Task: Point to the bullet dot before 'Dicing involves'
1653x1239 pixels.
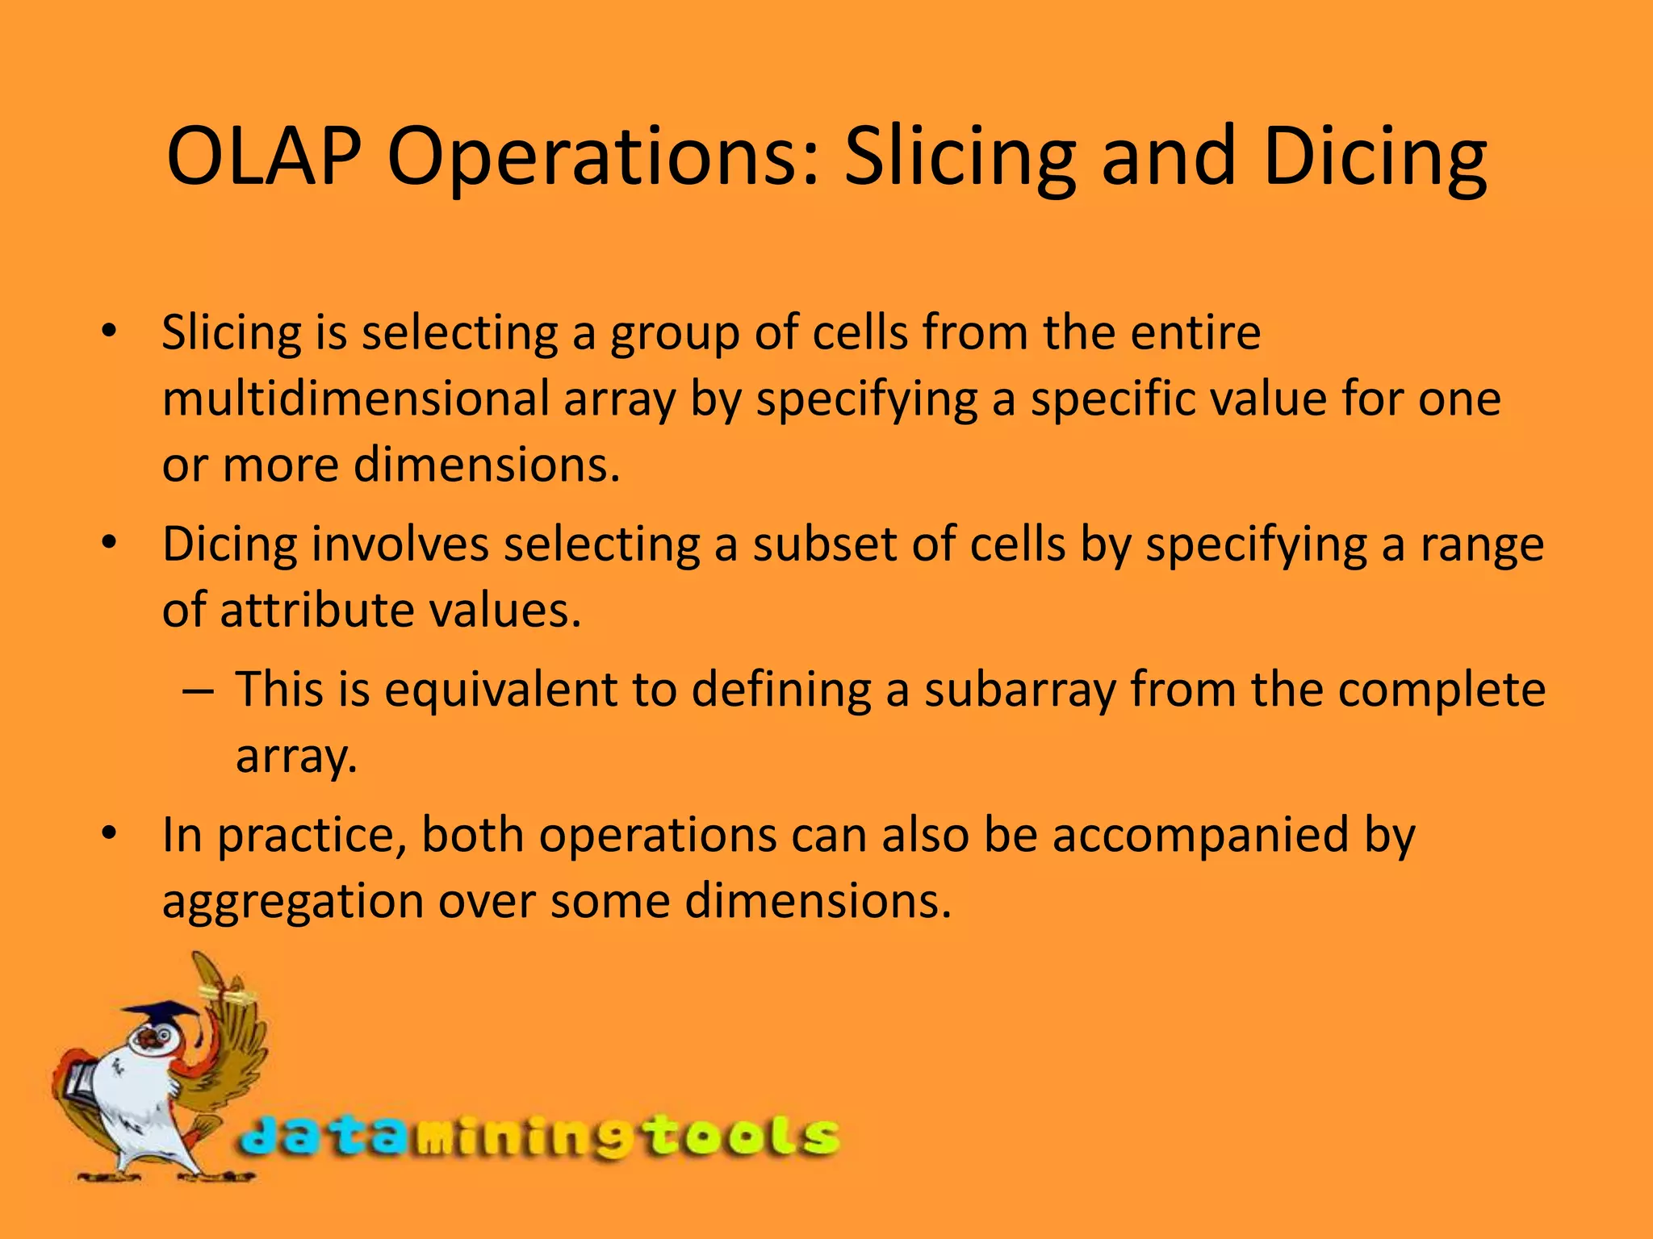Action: (111, 543)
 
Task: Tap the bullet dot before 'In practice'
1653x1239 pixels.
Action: (111, 833)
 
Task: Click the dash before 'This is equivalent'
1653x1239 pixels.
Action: (199, 690)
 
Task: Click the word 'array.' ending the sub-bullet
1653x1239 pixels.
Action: (295, 757)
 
